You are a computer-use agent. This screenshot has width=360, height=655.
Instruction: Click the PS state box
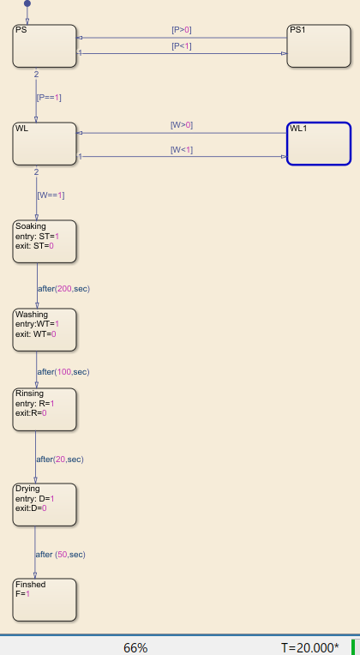pos(45,45)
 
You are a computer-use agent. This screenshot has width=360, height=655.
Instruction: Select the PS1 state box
pos(319,45)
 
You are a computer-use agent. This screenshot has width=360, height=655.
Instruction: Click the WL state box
pos(45,143)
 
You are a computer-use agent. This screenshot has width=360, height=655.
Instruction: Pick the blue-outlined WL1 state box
pos(319,143)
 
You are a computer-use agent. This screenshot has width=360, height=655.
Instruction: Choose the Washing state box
pos(45,330)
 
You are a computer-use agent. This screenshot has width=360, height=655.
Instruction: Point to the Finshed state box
pos(45,600)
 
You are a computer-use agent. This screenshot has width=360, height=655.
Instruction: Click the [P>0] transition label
pos(182,30)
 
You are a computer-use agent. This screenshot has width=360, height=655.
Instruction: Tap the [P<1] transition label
pos(182,46)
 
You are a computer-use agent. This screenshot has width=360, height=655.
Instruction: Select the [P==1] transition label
pos(49,98)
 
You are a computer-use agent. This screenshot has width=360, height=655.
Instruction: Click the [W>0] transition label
pos(182,125)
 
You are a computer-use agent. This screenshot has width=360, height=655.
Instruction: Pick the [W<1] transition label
pos(182,150)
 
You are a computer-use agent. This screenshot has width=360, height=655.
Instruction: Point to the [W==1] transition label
pos(51,195)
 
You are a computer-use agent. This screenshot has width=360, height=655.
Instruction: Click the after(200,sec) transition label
pos(63,289)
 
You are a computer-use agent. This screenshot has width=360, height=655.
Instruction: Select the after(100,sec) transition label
pos(63,372)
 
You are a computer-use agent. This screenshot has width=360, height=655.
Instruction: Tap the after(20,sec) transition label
pos(59,460)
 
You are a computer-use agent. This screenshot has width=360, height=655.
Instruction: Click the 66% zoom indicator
pos(135,647)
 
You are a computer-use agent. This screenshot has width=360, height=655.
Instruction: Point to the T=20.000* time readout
pos(309,647)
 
